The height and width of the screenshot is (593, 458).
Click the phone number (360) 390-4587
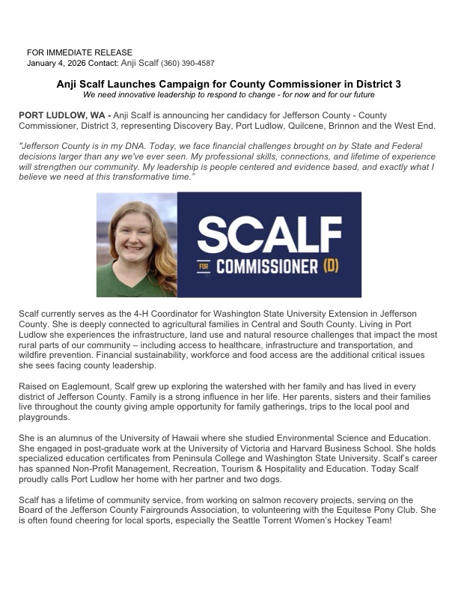189,64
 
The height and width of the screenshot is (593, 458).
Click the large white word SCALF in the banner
271,234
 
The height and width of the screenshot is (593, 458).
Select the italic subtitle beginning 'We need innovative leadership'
228,95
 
